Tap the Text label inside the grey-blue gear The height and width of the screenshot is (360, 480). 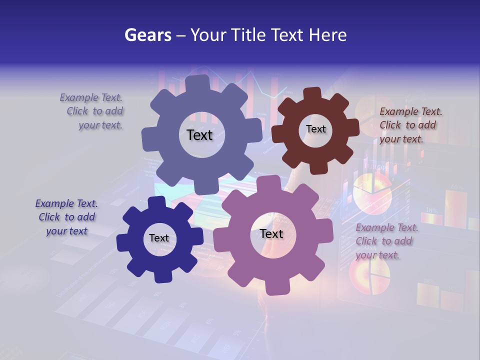(x=199, y=135)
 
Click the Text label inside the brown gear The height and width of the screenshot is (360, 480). (x=315, y=129)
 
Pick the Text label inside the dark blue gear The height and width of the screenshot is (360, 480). (x=159, y=238)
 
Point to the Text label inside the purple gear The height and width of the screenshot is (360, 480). (x=271, y=233)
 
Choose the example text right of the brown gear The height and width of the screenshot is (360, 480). (x=409, y=125)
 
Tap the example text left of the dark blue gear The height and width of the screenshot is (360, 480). (x=67, y=217)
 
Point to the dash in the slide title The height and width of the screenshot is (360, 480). (x=181, y=35)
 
